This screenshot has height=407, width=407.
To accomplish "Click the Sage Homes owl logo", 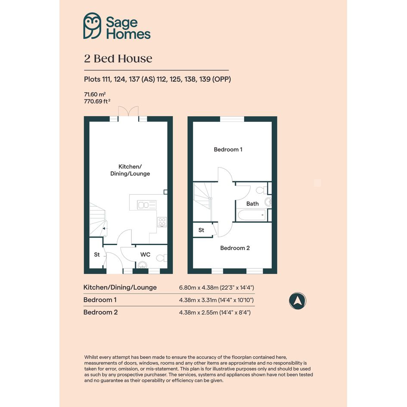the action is [x=92, y=26].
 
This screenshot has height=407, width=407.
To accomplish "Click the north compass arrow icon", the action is [x=298, y=301].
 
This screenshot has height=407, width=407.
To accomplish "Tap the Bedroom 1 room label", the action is [x=228, y=149].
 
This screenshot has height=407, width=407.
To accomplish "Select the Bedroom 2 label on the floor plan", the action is [x=235, y=248].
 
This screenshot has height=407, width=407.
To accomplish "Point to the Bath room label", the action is [x=252, y=204].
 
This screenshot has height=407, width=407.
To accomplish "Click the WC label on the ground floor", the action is [x=146, y=255].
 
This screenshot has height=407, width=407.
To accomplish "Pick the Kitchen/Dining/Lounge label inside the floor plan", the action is [x=130, y=170].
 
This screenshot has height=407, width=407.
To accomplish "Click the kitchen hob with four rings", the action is [x=162, y=222].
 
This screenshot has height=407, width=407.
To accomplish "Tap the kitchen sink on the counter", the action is [x=147, y=205].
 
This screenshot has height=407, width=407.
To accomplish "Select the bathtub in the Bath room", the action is [x=252, y=215].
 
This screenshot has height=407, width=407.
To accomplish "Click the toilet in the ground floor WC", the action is [x=162, y=258].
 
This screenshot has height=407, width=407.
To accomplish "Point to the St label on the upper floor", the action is [x=201, y=230].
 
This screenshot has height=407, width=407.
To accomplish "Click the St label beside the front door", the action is [x=97, y=255].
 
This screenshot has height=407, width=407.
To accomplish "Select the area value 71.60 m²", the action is [x=95, y=94].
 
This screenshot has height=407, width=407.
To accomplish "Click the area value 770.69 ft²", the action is [x=97, y=101].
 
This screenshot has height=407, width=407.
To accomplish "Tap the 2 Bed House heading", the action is [x=118, y=59].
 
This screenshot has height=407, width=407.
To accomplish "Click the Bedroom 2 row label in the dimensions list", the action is [x=100, y=312].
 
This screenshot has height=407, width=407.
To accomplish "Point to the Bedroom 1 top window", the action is [x=232, y=119].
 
